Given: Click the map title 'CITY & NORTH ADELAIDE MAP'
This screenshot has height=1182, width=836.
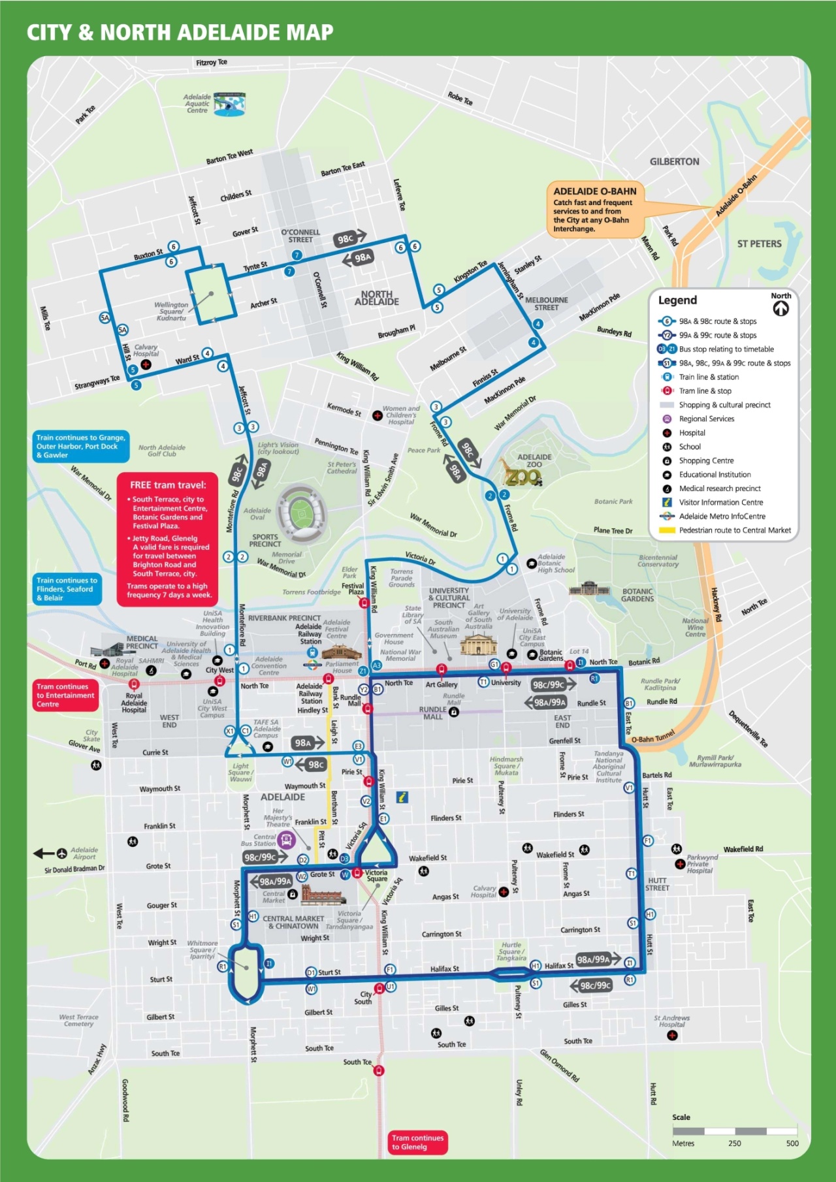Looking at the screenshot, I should [x=180, y=32].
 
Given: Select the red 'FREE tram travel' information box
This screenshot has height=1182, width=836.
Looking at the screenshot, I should [x=167, y=539].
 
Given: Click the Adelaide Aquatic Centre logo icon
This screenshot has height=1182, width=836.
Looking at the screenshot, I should [x=229, y=104].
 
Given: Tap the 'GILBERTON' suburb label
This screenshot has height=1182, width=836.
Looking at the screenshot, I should [x=674, y=161].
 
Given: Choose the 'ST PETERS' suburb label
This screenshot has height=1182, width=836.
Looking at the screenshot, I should [x=759, y=244].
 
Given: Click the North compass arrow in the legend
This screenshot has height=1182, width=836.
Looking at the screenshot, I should [x=780, y=309].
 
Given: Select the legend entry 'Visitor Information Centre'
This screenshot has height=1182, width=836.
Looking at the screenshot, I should [x=720, y=502].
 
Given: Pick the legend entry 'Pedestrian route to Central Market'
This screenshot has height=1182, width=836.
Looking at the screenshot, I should [x=734, y=530].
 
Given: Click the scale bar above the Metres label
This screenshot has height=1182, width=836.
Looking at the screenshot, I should [x=734, y=1131].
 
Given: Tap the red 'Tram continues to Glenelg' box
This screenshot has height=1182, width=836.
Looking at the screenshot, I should [x=418, y=1142].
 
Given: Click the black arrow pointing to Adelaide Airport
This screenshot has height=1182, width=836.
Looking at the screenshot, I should [x=44, y=854].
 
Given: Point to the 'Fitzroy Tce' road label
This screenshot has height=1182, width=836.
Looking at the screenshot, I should [x=212, y=63].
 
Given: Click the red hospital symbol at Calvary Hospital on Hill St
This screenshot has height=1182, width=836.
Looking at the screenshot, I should [x=146, y=364].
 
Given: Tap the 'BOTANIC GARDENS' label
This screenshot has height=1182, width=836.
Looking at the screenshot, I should [x=637, y=595].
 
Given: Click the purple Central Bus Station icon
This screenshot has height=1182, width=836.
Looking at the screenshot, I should [x=287, y=840].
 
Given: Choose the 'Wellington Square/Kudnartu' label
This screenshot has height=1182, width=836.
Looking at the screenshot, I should [x=171, y=311].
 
